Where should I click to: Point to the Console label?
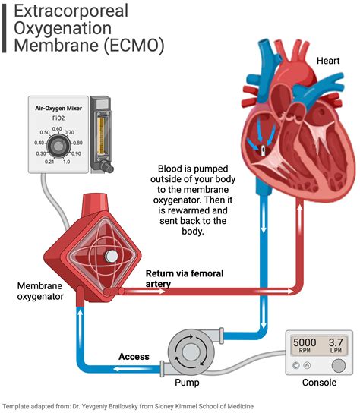(x=319, y=383)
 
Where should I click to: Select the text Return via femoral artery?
(x=181, y=278)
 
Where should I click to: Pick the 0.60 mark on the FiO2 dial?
(x=57, y=129)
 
